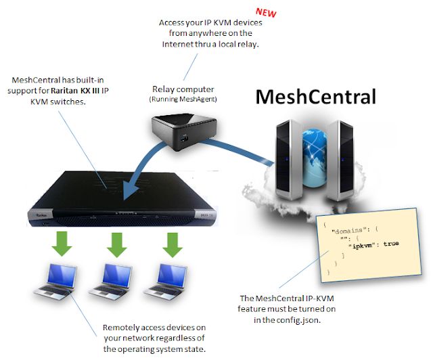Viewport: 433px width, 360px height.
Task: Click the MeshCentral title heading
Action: coord(315,97)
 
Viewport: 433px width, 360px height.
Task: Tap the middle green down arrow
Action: coord(117,244)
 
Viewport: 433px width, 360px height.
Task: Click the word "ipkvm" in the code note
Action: coord(363,243)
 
